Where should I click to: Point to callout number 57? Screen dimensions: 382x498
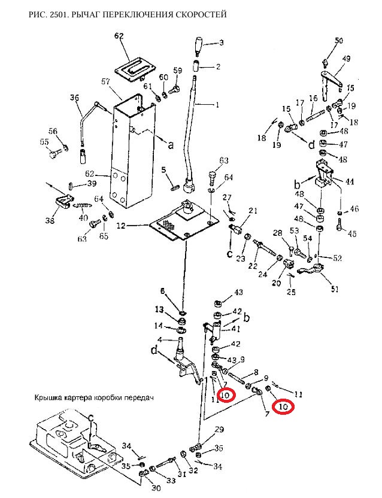pyautogui.click(x=106, y=82)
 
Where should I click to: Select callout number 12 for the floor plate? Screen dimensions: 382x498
pyautogui.click(x=121, y=226)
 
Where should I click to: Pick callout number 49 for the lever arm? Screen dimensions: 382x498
pyautogui.click(x=346, y=59)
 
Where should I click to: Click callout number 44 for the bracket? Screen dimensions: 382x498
pyautogui.click(x=349, y=181)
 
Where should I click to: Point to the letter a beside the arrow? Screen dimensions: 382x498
pyautogui.click(x=171, y=145)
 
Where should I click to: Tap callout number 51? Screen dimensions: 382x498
pyautogui.click(x=334, y=289)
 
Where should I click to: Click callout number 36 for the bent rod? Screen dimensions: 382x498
pyautogui.click(x=75, y=98)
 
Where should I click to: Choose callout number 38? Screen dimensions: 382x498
pyautogui.click(x=50, y=220)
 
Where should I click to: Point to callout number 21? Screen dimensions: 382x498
pyautogui.click(x=253, y=211)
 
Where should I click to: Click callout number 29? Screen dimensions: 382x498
pyautogui.click(x=219, y=430)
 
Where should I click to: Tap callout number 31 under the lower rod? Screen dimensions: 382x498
pyautogui.click(x=181, y=474)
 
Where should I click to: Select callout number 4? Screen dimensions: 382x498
pyautogui.click(x=160, y=340)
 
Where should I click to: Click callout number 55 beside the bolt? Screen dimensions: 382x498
pyautogui.click(x=44, y=142)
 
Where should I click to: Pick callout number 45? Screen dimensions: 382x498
pyautogui.click(x=352, y=234)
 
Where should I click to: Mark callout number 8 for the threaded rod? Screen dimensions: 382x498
pyautogui.click(x=256, y=372)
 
